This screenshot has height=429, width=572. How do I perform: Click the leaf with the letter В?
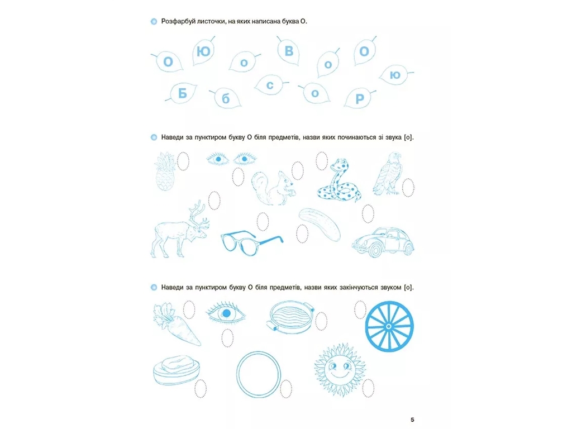click(288, 51)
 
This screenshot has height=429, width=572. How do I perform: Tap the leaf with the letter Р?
click(359, 98)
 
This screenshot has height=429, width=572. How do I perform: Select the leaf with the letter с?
click(270, 85)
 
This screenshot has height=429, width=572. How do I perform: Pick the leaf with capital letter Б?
click(182, 93)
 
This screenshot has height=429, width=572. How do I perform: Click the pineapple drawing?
click(166, 171)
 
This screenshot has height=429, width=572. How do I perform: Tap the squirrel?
click(274, 188)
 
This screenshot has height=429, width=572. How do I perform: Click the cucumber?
click(320, 225)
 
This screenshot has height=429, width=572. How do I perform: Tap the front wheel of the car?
click(375, 250)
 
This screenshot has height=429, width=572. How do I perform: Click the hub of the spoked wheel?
click(389, 326)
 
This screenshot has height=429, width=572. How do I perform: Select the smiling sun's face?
click(339, 369)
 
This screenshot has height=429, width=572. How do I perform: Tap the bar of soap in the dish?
click(178, 363)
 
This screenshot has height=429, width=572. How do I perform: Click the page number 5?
click(412, 420)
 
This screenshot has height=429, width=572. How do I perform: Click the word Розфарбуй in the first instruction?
click(178, 22)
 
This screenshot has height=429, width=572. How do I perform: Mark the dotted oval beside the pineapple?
click(183, 161)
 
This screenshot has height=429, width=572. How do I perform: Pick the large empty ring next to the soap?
click(237, 374)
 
